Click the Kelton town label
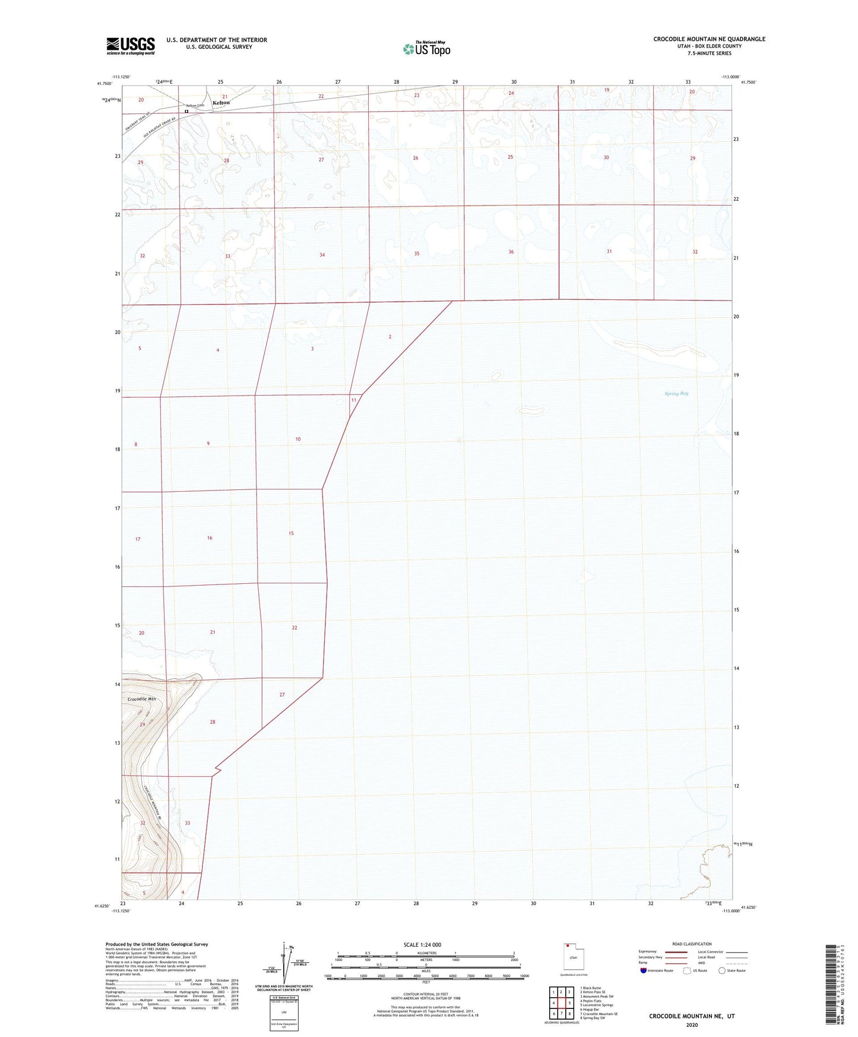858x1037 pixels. (221, 103)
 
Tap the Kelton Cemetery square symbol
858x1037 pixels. (186, 111)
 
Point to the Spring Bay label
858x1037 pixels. (676, 393)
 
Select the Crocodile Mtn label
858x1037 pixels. (141, 699)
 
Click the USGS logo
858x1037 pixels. (131, 46)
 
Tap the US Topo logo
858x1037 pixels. (426, 48)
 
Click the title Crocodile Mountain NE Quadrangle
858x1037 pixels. (709, 39)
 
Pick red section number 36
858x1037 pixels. (511, 252)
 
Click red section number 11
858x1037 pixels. (354, 400)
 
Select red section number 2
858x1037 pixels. (390, 337)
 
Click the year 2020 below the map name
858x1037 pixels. (692, 1025)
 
